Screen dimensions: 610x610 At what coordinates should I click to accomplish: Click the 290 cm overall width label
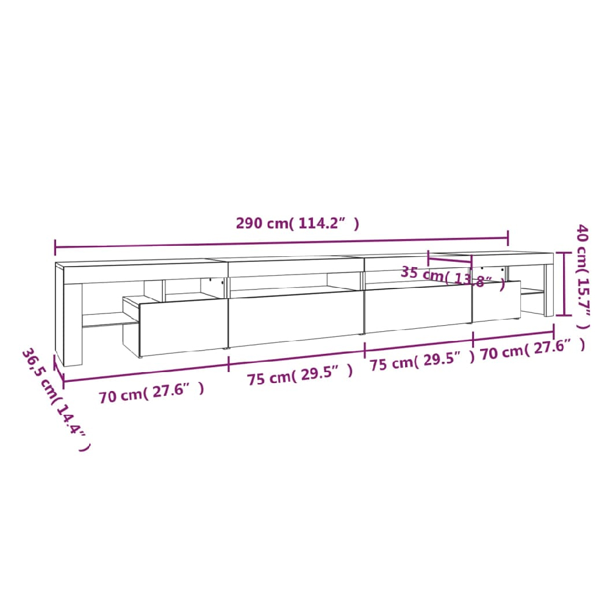[x=298, y=223]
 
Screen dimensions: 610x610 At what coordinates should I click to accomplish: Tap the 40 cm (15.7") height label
[x=583, y=276]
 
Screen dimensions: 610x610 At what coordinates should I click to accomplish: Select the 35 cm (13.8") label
[x=453, y=276]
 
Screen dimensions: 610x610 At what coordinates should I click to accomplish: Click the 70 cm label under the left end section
[x=151, y=393]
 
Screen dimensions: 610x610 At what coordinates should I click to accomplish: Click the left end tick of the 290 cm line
[x=56, y=248]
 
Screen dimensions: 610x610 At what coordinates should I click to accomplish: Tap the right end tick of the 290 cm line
[x=508, y=238]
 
